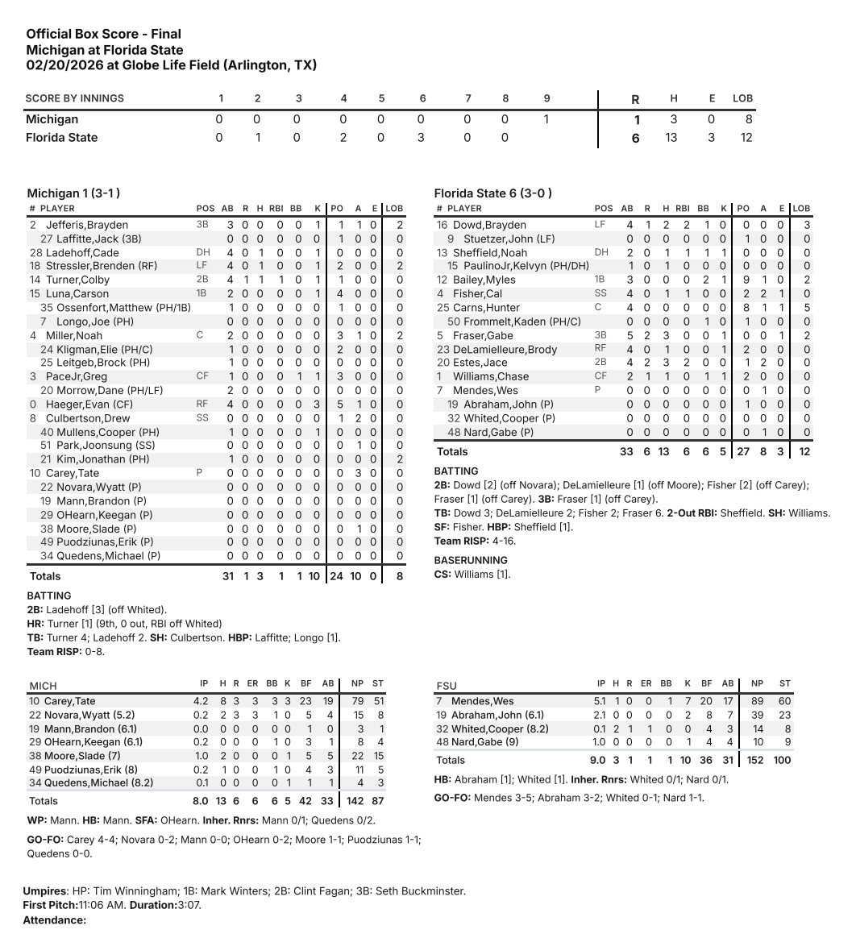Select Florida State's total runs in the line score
coord(635,138)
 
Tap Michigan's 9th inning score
coord(546,119)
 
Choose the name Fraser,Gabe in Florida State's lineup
coord(483,335)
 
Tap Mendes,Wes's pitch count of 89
coord(757,701)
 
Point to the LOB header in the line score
coord(742,98)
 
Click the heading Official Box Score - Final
coord(103,34)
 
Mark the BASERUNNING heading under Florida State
coord(471,560)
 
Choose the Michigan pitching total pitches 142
coord(352,801)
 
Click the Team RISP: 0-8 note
coord(65,651)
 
